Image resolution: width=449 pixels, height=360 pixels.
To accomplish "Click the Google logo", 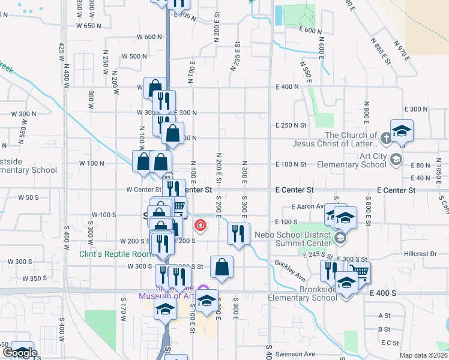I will click(19, 353).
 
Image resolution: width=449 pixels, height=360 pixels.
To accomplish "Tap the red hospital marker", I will click(199, 226).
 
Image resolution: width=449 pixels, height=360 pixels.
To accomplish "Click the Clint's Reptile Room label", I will click(116, 254).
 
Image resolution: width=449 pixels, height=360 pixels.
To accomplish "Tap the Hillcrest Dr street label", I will click(420, 254).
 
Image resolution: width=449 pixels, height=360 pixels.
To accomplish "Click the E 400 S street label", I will click(384, 292).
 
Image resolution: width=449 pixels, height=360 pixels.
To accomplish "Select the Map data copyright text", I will click(423, 355).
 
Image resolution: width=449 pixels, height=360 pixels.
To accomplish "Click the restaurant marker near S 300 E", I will click(238, 233).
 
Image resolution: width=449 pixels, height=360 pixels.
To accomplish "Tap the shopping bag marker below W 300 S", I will click(221, 267).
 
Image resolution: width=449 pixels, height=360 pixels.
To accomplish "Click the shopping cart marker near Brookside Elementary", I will click(359, 272).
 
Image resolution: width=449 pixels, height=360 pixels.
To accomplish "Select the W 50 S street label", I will click(28, 197).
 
